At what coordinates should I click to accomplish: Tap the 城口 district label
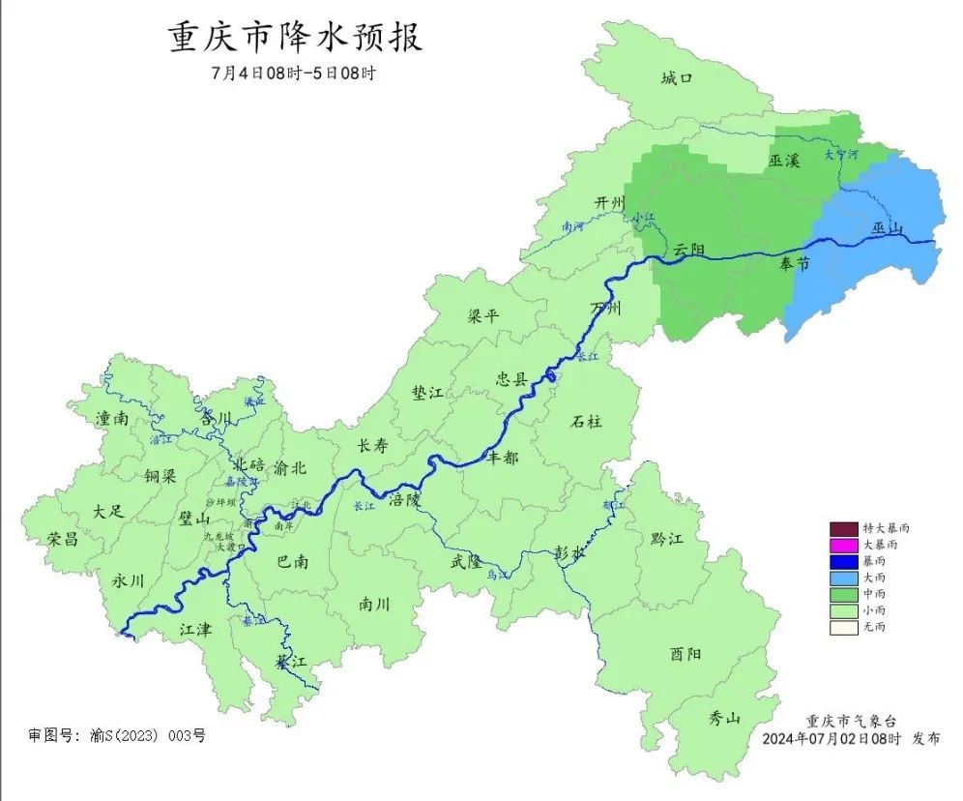coord(677,78)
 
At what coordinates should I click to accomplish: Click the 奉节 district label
coord(795,264)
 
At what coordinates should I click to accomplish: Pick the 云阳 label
coord(689,250)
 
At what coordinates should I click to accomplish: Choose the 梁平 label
coord(483,316)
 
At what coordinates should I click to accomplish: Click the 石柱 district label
coord(586,422)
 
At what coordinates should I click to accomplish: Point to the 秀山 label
coord(724,718)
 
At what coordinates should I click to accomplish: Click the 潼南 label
coord(112,419)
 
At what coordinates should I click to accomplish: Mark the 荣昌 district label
coord(63,540)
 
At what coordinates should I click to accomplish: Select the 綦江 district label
coord(290,663)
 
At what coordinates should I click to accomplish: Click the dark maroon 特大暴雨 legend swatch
coord(843,529)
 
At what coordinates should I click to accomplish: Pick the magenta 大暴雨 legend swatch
coord(843,546)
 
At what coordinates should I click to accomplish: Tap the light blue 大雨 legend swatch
coord(843,578)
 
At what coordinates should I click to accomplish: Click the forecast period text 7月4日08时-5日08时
coord(293,74)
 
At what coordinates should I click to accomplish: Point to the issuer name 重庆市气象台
coord(851,721)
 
